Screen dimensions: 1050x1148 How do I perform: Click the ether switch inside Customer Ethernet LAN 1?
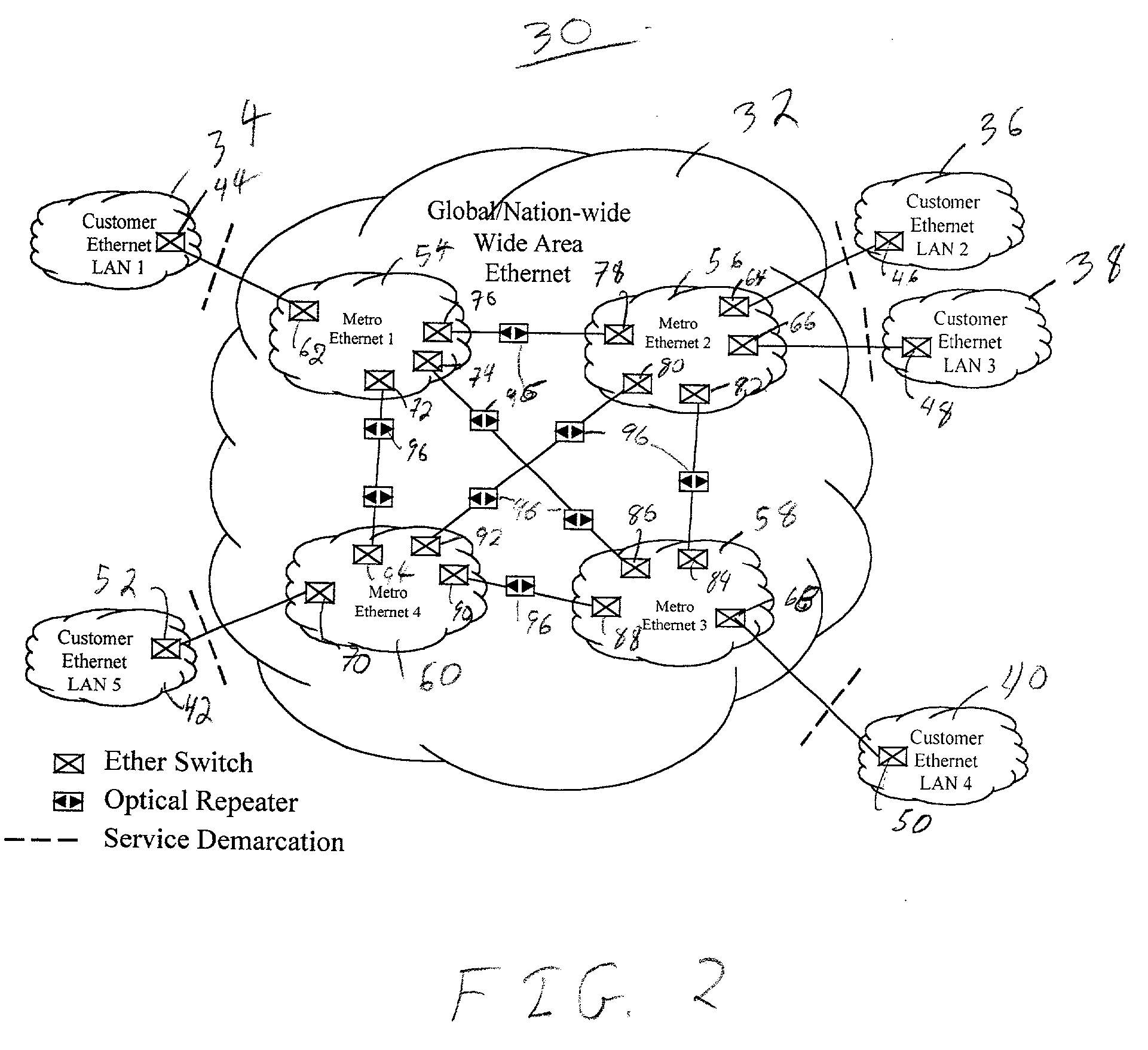pyautogui.click(x=170, y=242)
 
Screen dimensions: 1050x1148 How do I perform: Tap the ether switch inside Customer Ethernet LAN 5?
pyautogui.click(x=166, y=649)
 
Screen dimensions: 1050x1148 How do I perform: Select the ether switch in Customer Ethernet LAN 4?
pyautogui.click(x=892, y=757)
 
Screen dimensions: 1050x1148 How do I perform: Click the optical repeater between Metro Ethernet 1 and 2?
pyautogui.click(x=513, y=332)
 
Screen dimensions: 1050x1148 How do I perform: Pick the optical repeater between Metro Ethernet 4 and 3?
pyautogui.click(x=520, y=586)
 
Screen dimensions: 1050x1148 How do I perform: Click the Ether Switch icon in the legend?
pyautogui.click(x=68, y=763)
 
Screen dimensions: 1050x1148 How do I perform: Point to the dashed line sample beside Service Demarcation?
pyautogui.click(x=41, y=840)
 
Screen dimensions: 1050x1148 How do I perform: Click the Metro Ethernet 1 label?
pyautogui.click(x=362, y=329)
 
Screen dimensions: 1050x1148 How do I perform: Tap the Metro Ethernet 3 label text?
pyautogui.click(x=674, y=616)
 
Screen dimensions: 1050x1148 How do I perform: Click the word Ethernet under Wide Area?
pyautogui.click(x=527, y=274)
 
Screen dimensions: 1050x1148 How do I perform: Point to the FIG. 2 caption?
pyautogui.click(x=589, y=991)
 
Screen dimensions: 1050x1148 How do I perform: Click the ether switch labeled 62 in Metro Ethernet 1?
pyautogui.click(x=304, y=311)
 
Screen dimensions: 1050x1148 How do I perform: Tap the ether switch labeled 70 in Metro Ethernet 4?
pyautogui.click(x=320, y=592)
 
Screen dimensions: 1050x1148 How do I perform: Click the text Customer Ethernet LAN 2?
pyautogui.click(x=942, y=225)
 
